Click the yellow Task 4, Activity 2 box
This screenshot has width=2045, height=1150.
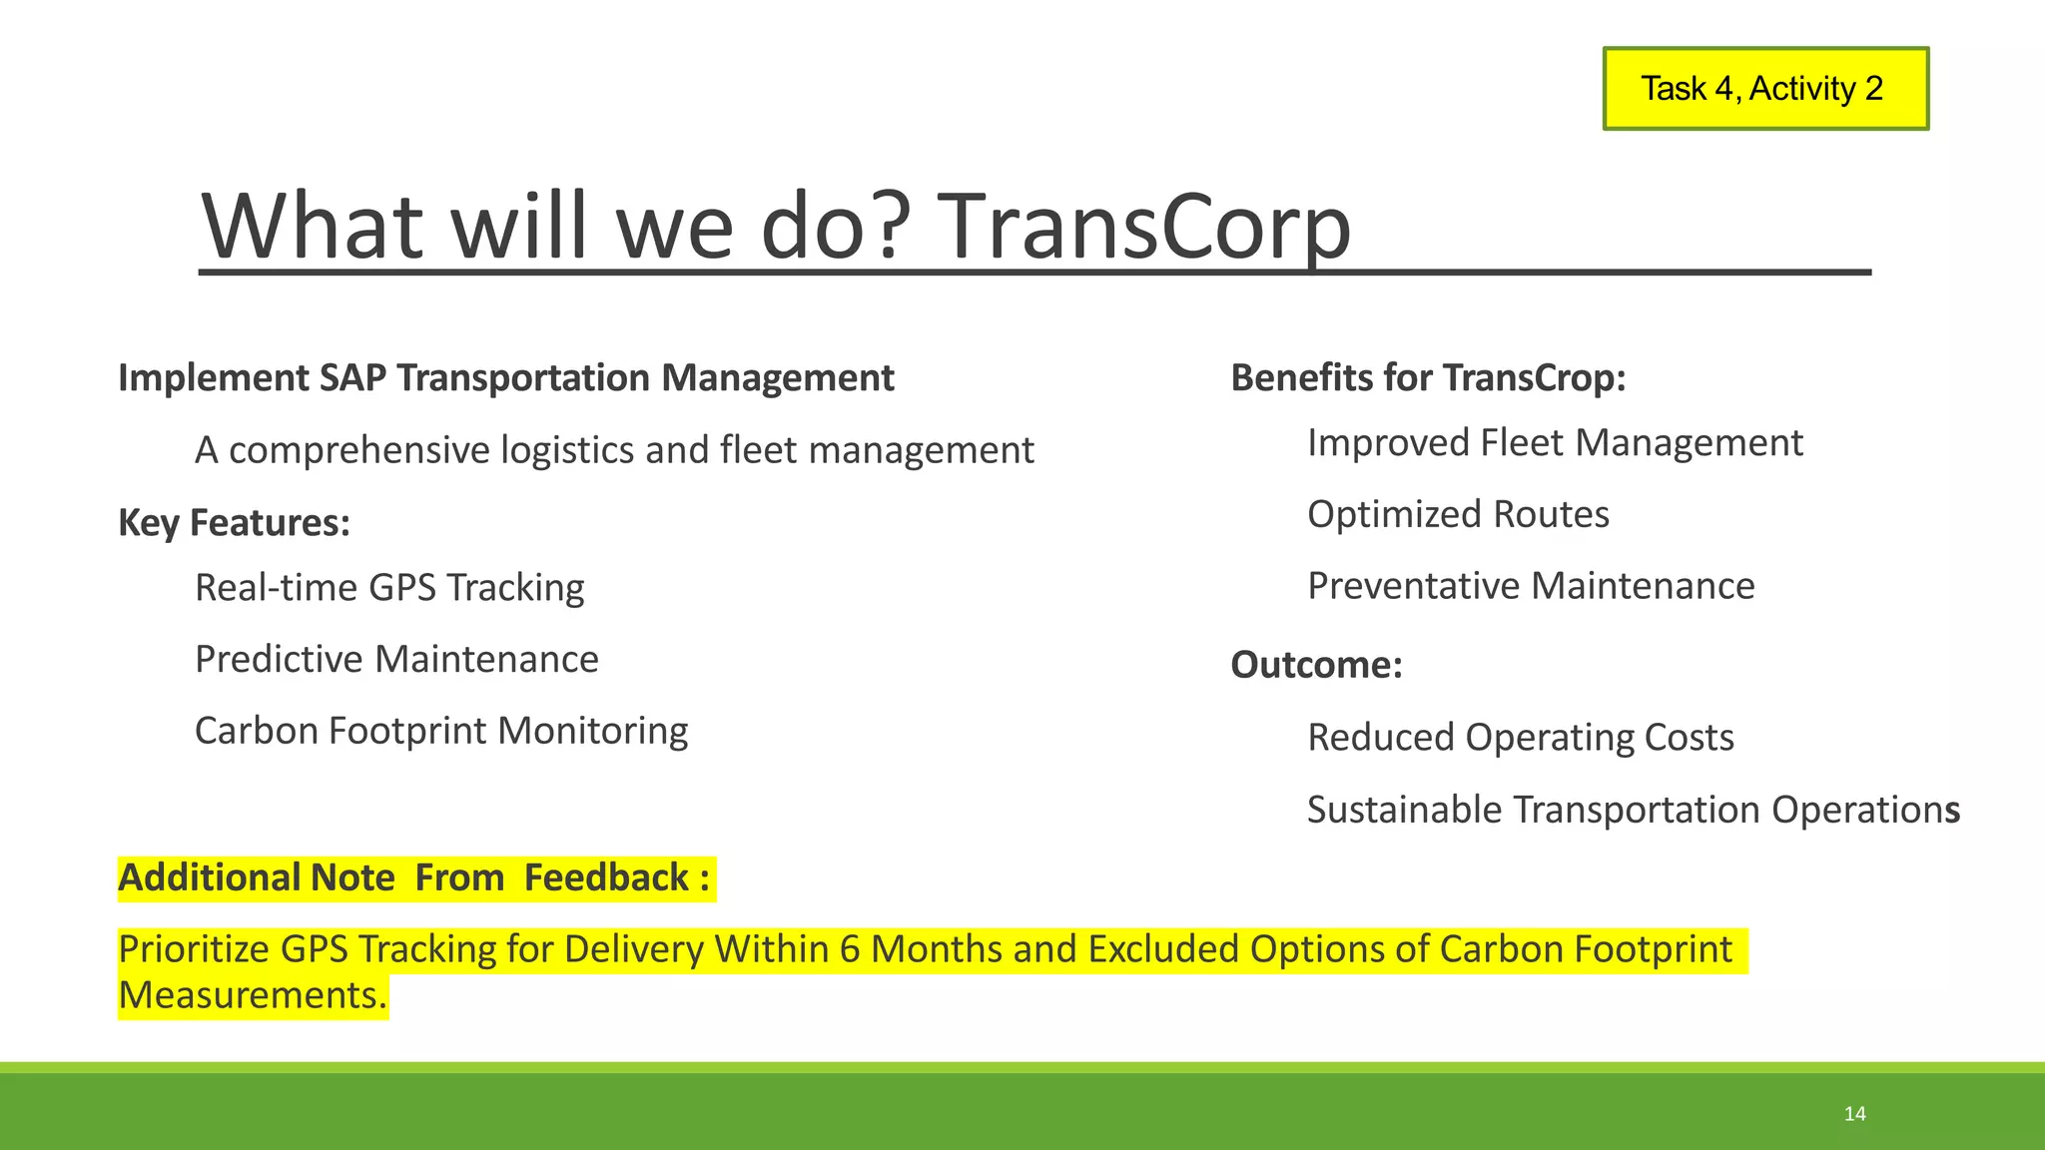pos(1764,89)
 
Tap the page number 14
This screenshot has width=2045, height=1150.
pos(1854,1114)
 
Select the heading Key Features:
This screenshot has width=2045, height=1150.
pos(234,523)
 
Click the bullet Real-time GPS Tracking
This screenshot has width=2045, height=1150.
pos(389,588)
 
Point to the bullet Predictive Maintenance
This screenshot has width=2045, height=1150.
pos(396,660)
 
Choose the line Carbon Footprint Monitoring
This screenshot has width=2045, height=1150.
pos(440,731)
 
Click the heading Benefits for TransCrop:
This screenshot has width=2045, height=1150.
pos(1428,378)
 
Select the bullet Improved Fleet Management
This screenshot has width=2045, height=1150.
pos(1554,443)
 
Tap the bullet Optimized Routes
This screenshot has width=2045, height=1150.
pos(1458,515)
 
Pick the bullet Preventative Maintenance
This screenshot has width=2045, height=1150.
pos(1530,586)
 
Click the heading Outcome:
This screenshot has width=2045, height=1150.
pos(1316,665)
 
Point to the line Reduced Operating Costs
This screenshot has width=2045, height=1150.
pos(1520,738)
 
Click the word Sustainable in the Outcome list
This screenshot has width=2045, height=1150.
pos(1405,810)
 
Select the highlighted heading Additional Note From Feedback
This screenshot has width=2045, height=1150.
pos(414,878)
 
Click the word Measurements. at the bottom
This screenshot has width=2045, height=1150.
pos(252,996)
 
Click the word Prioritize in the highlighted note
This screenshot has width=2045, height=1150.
pos(194,949)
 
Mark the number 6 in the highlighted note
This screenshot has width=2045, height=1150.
pos(850,949)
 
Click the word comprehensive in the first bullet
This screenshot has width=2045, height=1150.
pos(359,451)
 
